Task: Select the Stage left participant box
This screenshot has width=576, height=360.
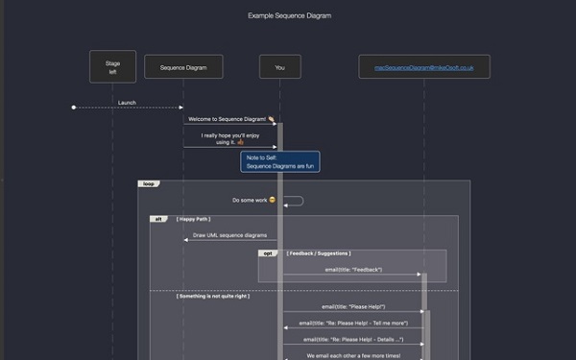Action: [112, 66]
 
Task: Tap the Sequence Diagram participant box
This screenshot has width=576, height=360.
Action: [183, 66]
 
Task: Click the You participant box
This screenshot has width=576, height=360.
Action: [279, 66]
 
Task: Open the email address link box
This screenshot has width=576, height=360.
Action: [424, 66]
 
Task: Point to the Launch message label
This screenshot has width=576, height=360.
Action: [128, 102]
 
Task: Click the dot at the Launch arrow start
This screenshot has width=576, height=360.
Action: [73, 108]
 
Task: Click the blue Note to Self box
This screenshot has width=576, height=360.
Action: [279, 161]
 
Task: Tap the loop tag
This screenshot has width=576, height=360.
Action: [148, 183]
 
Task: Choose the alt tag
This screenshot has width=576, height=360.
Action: [158, 219]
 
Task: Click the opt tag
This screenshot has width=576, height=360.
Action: [269, 253]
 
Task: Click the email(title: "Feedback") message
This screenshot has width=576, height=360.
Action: [353, 270]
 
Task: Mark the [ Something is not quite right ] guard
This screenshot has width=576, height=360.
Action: [212, 296]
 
